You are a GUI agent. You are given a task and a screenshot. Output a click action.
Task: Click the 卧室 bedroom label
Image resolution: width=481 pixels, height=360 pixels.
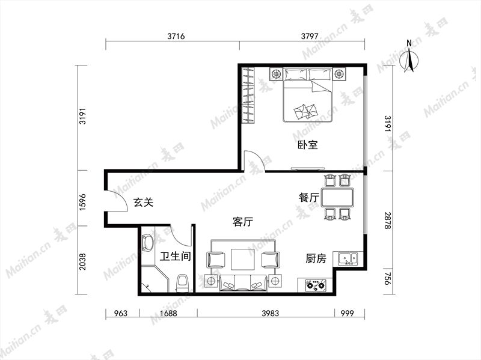(x=308, y=145)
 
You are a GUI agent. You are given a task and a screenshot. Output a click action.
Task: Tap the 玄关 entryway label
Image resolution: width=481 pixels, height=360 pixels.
(x=143, y=203)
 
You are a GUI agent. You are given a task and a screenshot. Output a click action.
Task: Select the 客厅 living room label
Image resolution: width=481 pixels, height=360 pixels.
(x=243, y=221)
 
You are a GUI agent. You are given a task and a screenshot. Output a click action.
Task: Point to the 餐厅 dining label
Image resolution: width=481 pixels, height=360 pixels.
(x=309, y=198)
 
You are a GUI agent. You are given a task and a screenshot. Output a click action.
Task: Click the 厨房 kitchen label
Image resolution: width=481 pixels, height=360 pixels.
(x=316, y=258)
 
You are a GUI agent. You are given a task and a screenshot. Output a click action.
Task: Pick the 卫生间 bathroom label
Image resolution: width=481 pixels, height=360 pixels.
(x=176, y=256)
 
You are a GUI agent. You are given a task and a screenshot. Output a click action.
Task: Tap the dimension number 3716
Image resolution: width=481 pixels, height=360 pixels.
(x=176, y=36)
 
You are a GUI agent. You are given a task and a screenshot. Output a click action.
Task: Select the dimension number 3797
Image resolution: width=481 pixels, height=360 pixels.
(x=310, y=36)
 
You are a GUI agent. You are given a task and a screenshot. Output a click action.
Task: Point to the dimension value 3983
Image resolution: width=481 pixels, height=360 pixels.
(x=271, y=313)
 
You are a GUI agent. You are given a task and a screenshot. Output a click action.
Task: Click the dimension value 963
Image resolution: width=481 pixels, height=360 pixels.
(x=121, y=313)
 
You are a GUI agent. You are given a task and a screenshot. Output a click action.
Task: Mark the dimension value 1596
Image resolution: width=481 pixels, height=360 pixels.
(x=82, y=202)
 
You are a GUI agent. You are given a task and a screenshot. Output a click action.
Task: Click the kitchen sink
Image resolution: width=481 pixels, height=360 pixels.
(x=348, y=259)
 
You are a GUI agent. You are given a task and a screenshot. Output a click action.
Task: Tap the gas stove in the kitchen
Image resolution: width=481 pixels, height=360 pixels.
(x=315, y=285)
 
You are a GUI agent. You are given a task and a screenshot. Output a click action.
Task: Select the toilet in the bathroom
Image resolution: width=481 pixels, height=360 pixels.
(x=183, y=283)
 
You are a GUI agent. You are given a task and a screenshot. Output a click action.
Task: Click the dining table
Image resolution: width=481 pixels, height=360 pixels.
(x=337, y=197)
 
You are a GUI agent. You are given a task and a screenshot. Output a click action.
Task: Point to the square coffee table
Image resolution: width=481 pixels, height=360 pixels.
(x=243, y=260)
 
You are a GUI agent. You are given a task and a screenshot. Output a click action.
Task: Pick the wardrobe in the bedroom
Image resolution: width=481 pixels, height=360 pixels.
(x=248, y=96)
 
